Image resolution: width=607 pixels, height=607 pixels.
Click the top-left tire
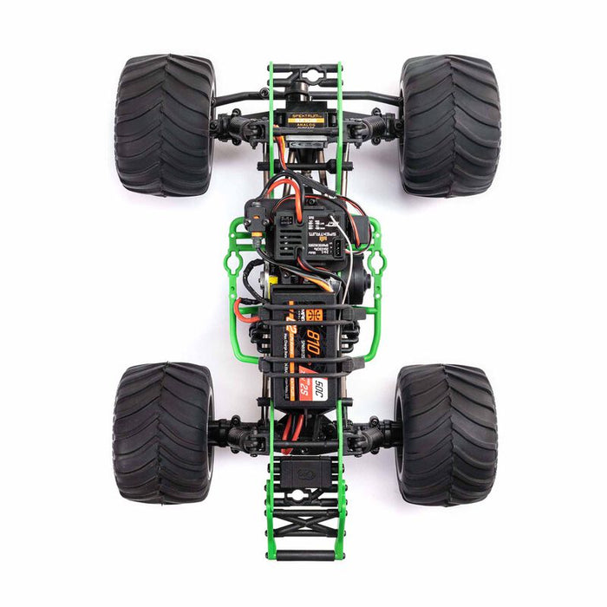point(165,125)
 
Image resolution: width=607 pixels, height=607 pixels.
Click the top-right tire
point(450,125)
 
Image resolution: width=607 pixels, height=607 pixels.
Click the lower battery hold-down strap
point(303,362)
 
